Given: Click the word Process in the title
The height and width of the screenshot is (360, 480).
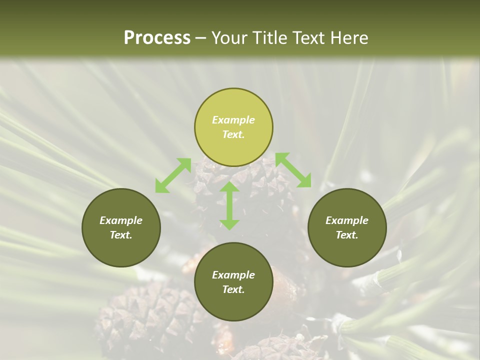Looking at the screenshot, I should coord(157,38).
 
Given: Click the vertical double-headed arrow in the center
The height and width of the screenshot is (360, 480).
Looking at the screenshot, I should coord(229,205).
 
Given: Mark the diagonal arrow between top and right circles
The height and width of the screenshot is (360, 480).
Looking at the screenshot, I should coord(293,170).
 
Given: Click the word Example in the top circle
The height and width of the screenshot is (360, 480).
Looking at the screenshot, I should coord(233,120).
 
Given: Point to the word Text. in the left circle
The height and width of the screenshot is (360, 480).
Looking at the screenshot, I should coord(121,235).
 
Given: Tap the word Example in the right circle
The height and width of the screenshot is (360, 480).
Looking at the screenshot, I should coord(347,220).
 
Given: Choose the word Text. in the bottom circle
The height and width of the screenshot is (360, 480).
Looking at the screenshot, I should coord(233,289).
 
